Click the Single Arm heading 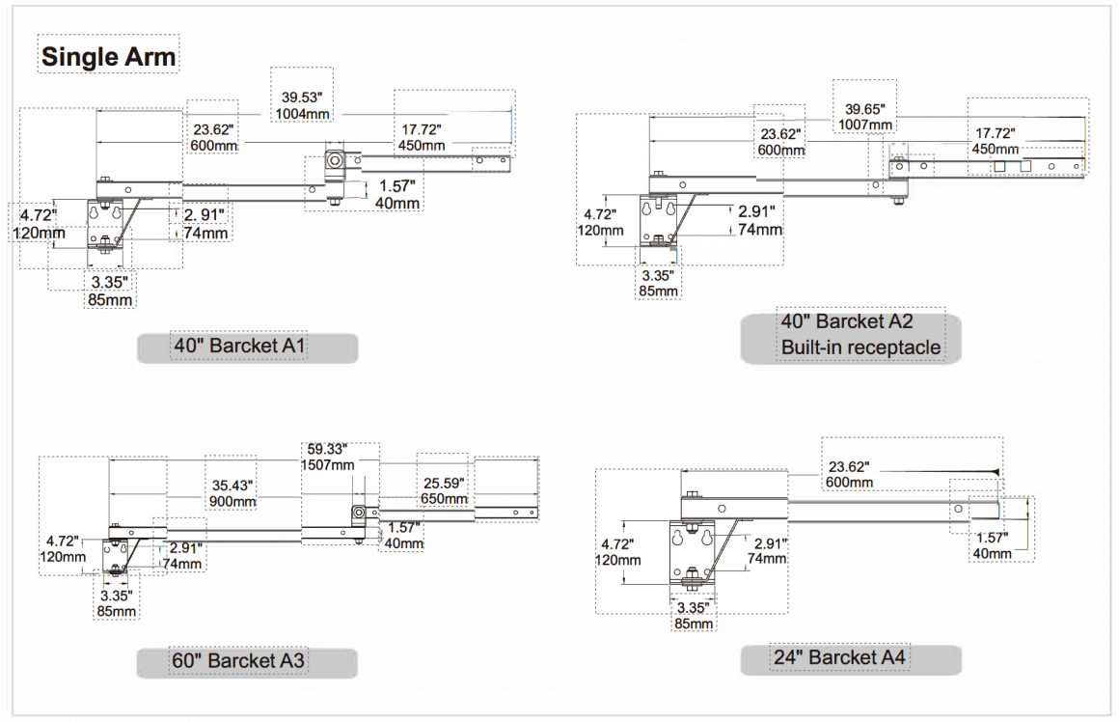click(108, 56)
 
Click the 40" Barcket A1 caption click(239, 347)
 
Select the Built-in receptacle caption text click(860, 347)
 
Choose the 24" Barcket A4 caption click(839, 657)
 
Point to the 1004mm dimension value click(302, 114)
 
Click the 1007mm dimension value click(865, 125)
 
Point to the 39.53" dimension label click(302, 97)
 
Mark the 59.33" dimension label click(327, 449)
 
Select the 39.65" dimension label click(865, 109)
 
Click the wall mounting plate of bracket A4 click(693, 556)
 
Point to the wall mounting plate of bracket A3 click(114, 556)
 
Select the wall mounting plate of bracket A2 click(658, 221)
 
